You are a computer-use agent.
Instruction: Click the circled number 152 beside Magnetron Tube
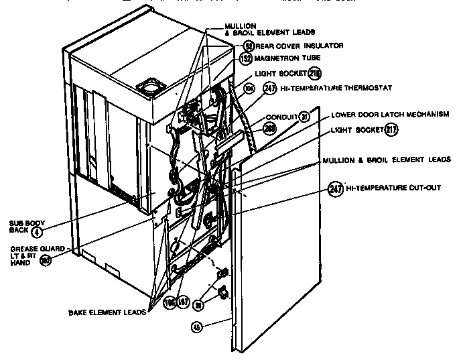pyautogui.click(x=245, y=59)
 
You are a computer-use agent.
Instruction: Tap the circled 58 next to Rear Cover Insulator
pyautogui.click(x=248, y=46)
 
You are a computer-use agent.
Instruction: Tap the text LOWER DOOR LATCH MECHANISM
pyautogui.click(x=389, y=115)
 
